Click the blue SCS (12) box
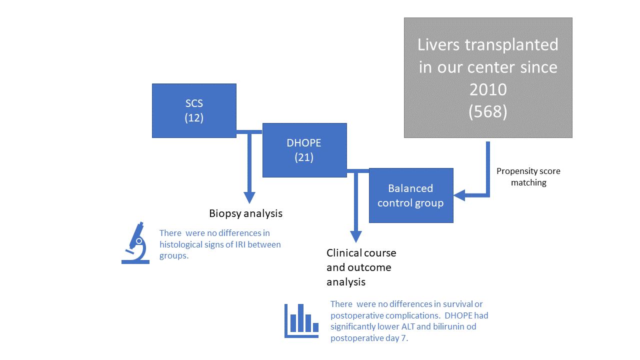tap(194, 110)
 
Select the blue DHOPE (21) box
tap(304, 150)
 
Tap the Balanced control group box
tap(410, 195)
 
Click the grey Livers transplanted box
tap(487, 77)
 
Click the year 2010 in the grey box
tap(487, 89)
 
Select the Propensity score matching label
tap(528, 177)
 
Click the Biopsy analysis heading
tap(245, 213)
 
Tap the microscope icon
tap(135, 243)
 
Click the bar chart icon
tap(301, 320)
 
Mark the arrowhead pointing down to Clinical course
tap(355, 236)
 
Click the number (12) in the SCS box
tap(194, 118)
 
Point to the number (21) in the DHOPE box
tap(304, 157)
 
